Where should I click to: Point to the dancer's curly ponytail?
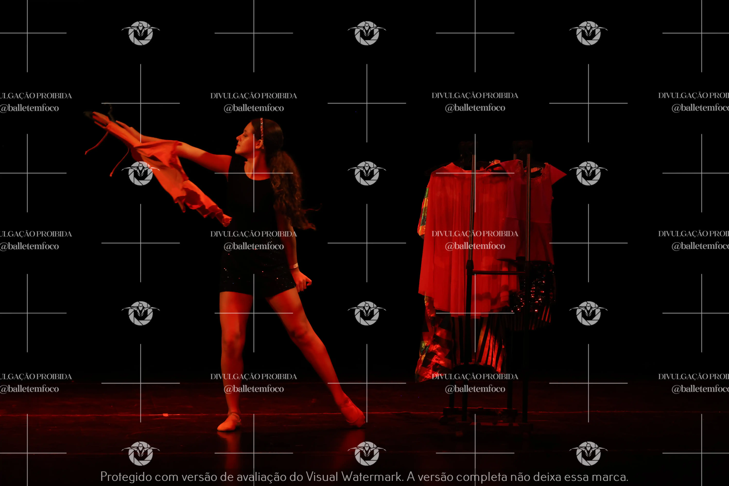[x=288, y=189]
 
